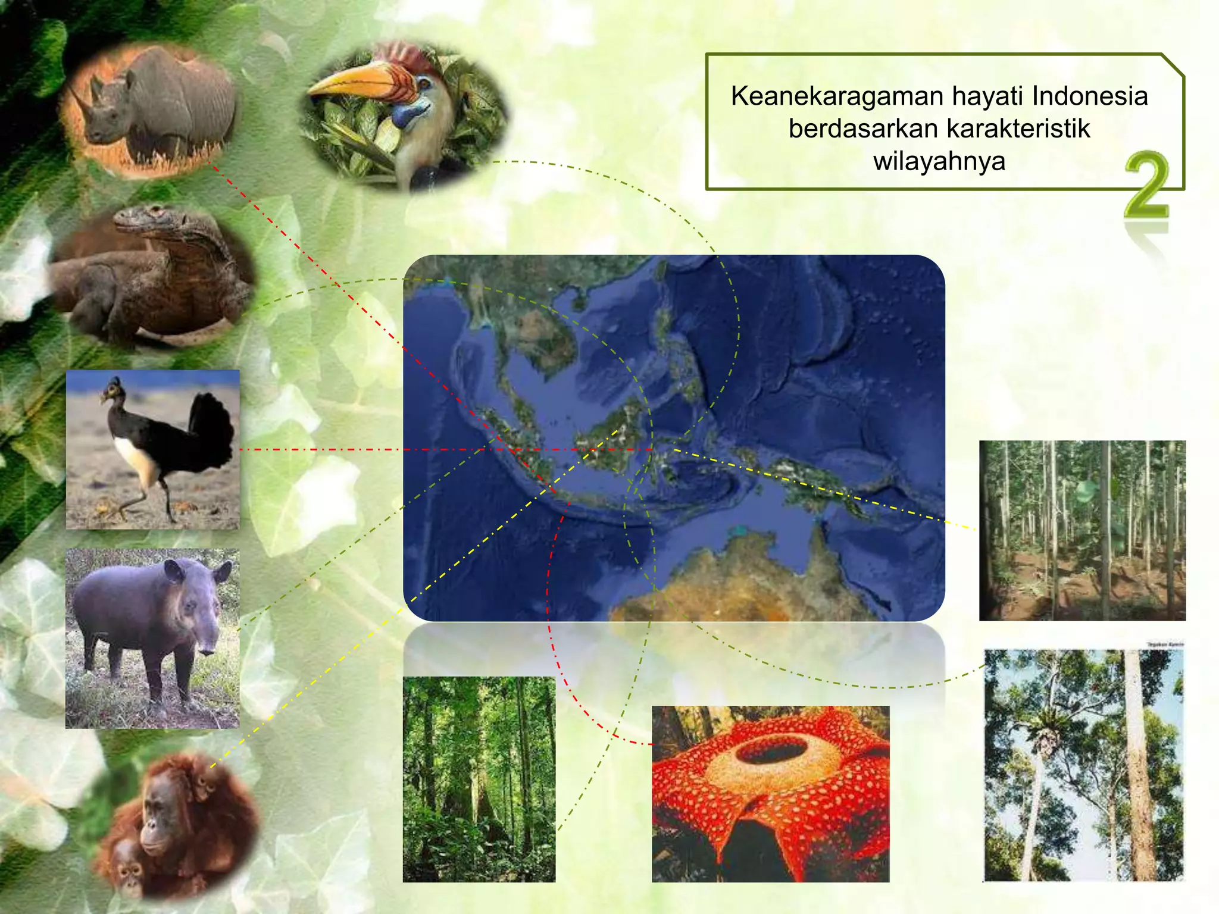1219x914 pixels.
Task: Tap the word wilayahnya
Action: pyautogui.click(x=939, y=161)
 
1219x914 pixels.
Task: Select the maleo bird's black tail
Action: pyautogui.click(x=211, y=428)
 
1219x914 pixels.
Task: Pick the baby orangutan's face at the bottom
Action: pyautogui.click(x=129, y=874)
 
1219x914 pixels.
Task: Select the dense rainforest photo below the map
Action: pyautogui.click(x=479, y=779)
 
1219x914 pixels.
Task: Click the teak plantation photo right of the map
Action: pyautogui.click(x=1082, y=530)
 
